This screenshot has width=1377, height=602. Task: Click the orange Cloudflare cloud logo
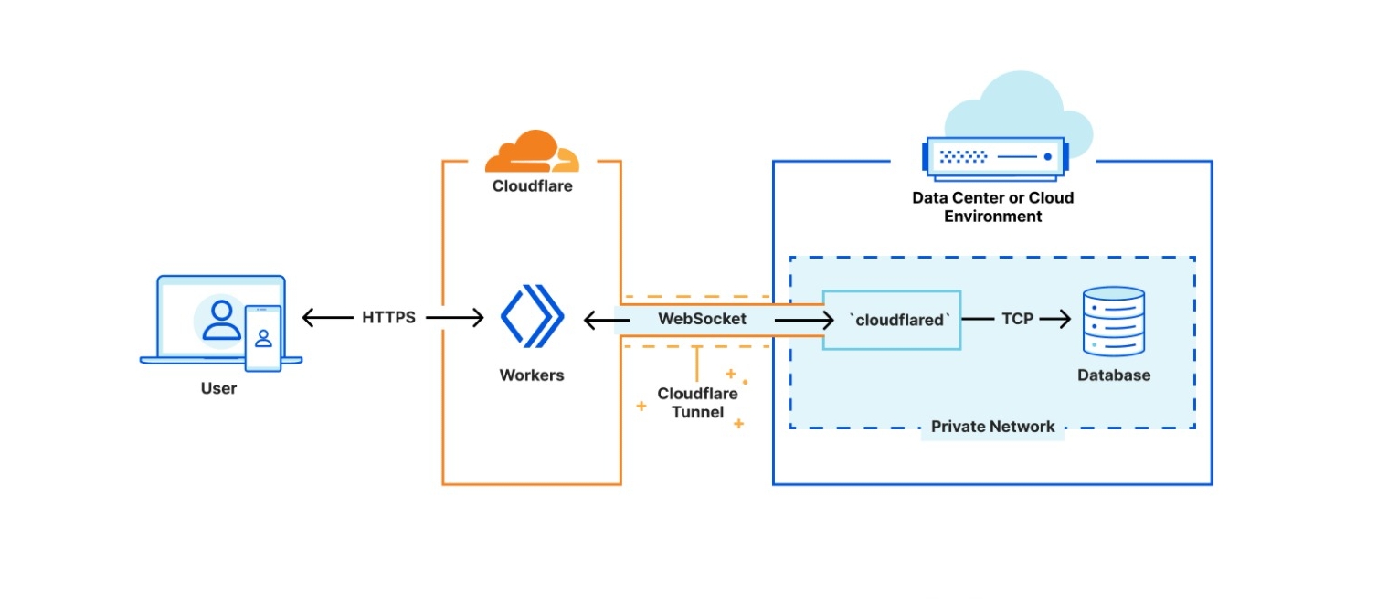[x=530, y=153]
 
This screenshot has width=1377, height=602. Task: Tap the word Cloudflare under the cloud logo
[x=532, y=186]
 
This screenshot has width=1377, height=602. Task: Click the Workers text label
[x=532, y=375]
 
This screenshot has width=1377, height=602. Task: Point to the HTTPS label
[x=388, y=318]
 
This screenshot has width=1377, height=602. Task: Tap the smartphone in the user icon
[x=263, y=338]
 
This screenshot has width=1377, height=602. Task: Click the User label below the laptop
[x=218, y=388]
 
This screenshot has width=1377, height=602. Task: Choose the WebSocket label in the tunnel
[x=702, y=319]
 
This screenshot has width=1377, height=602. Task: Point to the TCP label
[x=1016, y=319]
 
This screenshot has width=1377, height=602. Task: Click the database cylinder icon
[x=1113, y=321]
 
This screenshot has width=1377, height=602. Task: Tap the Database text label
[x=1113, y=375]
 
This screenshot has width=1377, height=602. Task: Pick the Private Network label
[x=992, y=427]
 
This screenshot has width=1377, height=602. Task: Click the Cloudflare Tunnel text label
[x=697, y=403]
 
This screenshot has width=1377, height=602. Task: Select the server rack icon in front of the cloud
[x=994, y=157]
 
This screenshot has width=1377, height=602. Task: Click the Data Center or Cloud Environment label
[x=992, y=207]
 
